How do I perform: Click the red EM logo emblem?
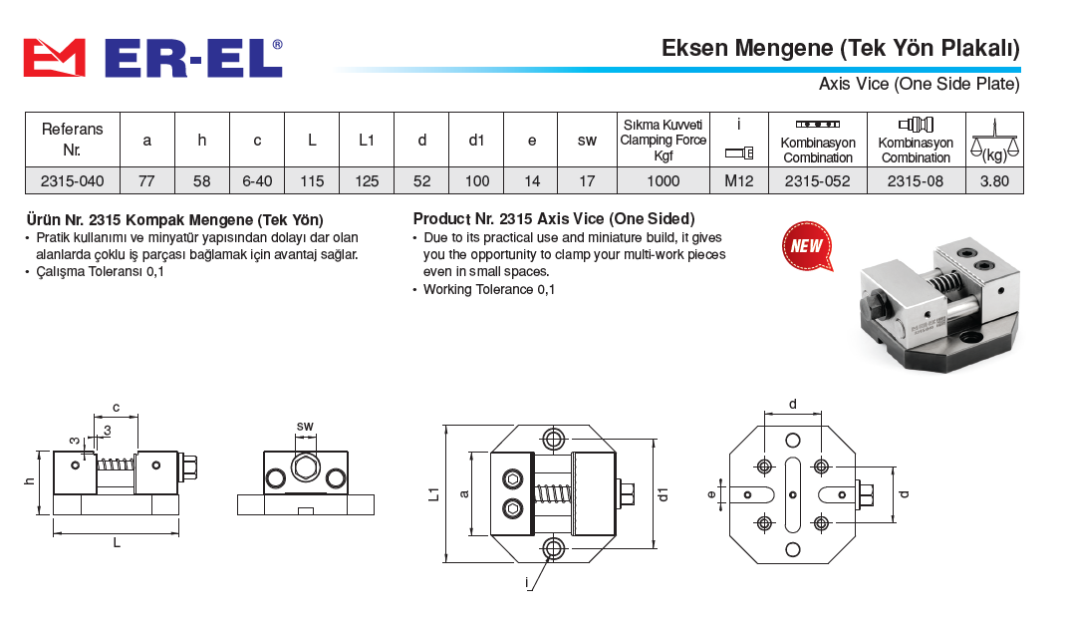(55, 58)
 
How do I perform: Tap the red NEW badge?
(807, 245)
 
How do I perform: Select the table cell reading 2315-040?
(72, 180)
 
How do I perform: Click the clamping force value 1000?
(663, 180)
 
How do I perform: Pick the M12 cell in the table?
(739, 180)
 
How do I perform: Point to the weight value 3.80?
(994, 180)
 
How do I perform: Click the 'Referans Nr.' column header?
(72, 140)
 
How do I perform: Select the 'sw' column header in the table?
(587, 141)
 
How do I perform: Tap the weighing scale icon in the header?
(994, 140)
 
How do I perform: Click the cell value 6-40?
(257, 180)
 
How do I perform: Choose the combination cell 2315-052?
(817, 180)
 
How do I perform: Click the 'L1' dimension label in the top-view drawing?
(434, 494)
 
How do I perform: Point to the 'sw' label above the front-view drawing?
(305, 426)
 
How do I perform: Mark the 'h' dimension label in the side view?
(29, 481)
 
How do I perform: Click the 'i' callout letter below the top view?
(526, 583)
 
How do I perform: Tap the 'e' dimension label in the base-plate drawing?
(711, 494)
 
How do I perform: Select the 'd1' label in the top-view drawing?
(664, 494)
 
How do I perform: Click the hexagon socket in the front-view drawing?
(305, 467)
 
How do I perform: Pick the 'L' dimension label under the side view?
(117, 543)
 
